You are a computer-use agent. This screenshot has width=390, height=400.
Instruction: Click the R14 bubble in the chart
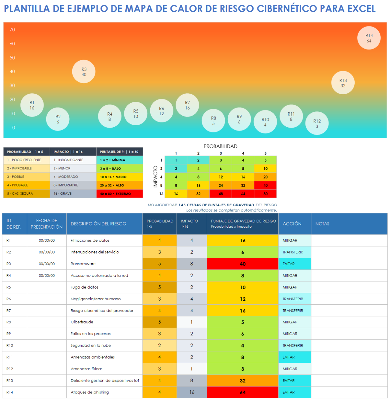tap(369, 38)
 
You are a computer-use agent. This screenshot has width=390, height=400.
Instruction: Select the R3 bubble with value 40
tap(84, 72)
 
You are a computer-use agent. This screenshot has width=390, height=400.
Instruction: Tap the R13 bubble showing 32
tap(343, 83)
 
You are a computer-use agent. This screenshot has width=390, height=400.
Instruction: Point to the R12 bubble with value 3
tap(317, 123)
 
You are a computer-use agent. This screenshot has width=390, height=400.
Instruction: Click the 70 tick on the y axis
tap(12, 30)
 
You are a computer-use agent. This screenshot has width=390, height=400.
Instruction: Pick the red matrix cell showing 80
tap(265, 194)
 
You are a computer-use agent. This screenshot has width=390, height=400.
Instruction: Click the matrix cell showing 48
tap(220, 194)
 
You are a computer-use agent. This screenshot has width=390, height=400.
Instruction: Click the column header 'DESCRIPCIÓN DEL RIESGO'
tap(98, 224)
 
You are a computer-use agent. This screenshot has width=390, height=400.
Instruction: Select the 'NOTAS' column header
tap(322, 224)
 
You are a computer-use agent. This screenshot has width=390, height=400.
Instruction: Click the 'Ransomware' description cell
tap(83, 264)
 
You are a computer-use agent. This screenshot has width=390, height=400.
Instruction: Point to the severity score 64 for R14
tap(242, 392)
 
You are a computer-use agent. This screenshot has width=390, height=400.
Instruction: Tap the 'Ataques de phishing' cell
tap(90, 392)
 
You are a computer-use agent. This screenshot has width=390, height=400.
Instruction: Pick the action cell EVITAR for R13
tap(289, 381)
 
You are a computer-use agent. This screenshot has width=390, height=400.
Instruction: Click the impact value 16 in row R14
tap(192, 392)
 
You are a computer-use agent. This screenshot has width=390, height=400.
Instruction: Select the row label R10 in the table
tap(10, 346)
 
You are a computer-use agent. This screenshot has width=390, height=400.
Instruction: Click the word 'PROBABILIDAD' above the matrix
tap(220, 146)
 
